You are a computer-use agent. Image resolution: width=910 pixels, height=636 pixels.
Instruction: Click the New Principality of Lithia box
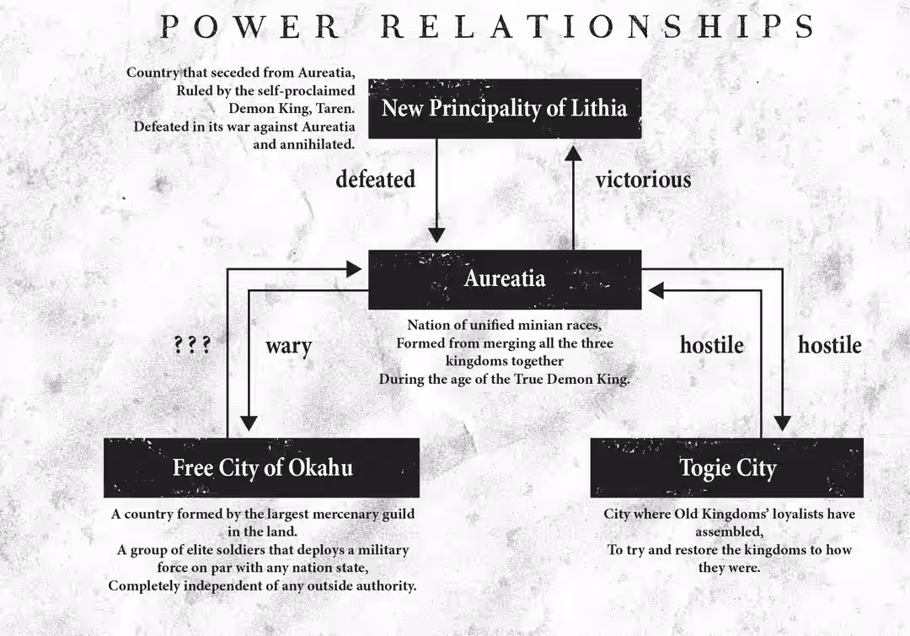pos(505,109)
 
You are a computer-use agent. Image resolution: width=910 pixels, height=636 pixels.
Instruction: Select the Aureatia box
pos(505,279)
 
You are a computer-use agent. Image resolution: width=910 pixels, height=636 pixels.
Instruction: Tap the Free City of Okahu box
pos(262,467)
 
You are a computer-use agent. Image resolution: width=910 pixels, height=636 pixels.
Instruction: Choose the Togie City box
pos(726,467)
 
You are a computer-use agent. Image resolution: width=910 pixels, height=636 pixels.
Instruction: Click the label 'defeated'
pos(376,180)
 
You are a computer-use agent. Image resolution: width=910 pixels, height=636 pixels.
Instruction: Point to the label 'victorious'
pos(643,180)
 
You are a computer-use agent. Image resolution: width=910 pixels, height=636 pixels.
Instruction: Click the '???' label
pos(192,345)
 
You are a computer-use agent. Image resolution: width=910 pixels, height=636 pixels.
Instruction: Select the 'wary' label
pos(289,347)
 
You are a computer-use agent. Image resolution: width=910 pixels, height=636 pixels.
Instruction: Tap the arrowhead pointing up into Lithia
pos(574,153)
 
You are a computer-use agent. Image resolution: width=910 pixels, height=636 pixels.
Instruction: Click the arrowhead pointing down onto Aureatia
pos(436,235)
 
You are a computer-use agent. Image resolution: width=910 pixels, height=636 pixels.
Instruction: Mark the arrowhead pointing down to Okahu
pos(249,423)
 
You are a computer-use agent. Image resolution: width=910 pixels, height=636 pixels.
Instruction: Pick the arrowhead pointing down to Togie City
pos(782,423)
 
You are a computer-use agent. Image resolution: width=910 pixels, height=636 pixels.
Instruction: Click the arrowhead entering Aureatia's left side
pos(354,269)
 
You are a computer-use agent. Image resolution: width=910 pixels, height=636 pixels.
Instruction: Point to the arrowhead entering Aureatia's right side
pos(656,290)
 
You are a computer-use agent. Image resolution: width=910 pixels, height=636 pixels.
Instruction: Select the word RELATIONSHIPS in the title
pos(597,27)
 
